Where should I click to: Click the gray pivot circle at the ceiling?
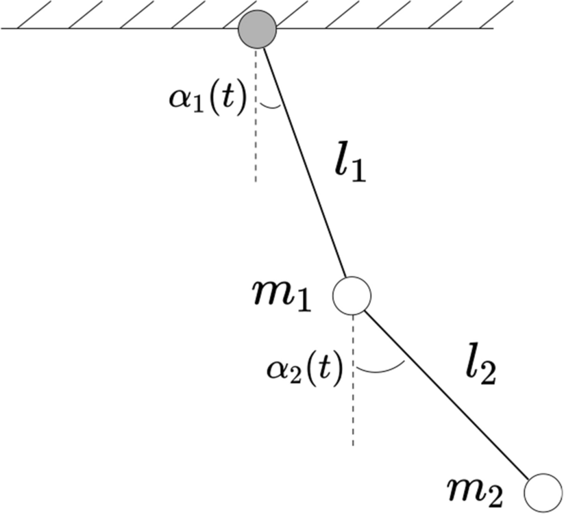257,29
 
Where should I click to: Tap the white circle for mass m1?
352,294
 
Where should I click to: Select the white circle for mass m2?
543,492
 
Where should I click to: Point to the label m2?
478,490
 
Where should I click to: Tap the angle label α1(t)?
202,99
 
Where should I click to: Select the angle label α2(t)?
304,370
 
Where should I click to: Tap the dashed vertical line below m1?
353,411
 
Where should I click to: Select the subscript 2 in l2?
486,375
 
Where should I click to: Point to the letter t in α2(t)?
325,370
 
